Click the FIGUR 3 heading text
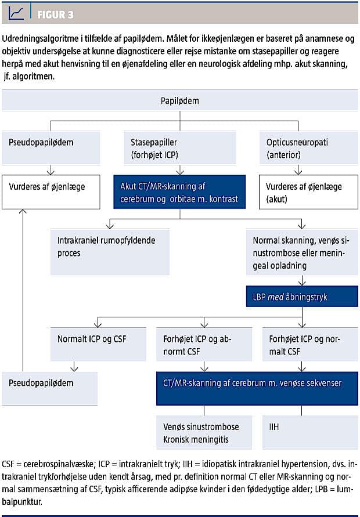[55, 15]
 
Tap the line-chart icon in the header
[16, 13]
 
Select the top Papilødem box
[180, 100]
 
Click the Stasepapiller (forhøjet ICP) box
[180, 148]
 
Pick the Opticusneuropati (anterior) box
[308, 148]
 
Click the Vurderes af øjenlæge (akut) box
[308, 192]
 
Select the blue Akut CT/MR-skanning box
[179, 192]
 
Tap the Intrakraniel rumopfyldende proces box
[110, 252]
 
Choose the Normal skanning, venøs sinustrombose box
[302, 252]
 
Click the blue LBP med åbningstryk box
[302, 297]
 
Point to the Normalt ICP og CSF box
[98, 344]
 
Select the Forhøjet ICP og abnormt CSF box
[204, 344]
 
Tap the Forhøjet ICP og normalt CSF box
[310, 344]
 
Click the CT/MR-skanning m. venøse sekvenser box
[257, 388]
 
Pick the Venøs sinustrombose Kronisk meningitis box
[204, 432]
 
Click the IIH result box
[310, 432]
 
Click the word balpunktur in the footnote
[22, 502]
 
